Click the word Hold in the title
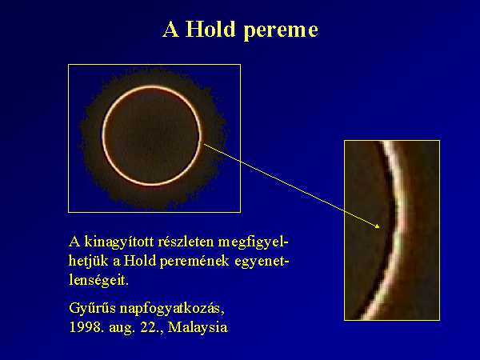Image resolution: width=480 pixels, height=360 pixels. [x=210, y=30]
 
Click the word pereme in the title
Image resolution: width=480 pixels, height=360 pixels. [x=281, y=31]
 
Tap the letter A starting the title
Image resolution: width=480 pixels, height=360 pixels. [x=171, y=30]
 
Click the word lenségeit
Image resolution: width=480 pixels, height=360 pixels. [x=98, y=280]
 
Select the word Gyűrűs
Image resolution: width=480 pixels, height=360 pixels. [x=92, y=309]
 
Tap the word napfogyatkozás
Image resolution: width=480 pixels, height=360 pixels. [x=172, y=309]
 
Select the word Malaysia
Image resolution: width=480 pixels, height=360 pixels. [x=198, y=327]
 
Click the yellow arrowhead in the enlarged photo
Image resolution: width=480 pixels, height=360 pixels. [x=378, y=226]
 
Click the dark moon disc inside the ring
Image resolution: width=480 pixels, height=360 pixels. [x=152, y=136]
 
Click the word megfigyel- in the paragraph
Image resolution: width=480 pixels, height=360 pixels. [x=253, y=242]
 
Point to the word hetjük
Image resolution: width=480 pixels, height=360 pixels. [x=89, y=261]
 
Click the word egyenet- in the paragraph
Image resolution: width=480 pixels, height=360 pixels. [x=262, y=261]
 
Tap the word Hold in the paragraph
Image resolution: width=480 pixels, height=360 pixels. [x=139, y=261]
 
